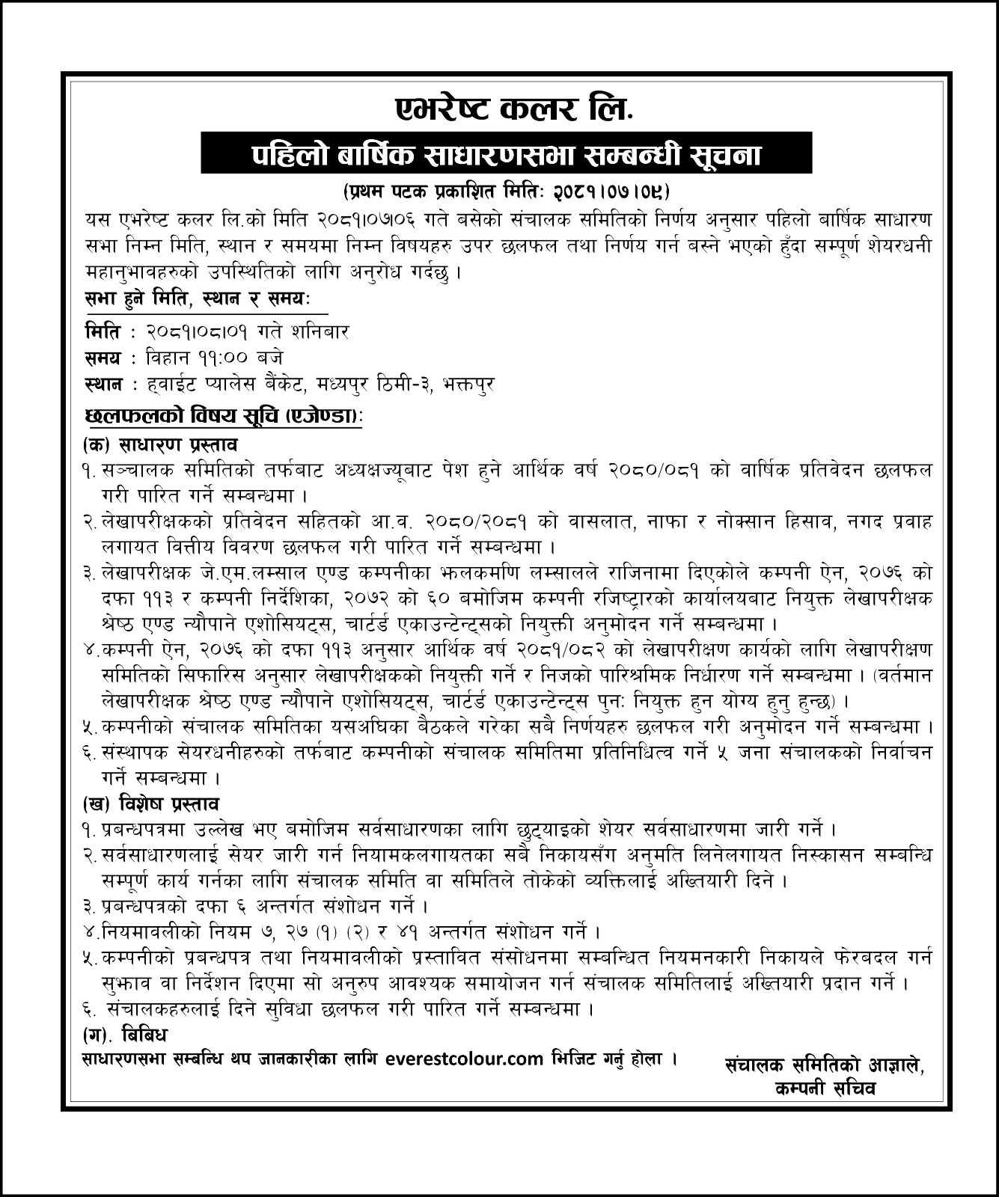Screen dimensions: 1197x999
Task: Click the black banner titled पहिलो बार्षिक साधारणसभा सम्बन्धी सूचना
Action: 506,156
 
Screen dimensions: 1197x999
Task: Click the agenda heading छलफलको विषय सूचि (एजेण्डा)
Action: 223,417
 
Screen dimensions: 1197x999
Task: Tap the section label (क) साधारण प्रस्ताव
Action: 160,444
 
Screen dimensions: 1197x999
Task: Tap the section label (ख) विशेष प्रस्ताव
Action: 151,804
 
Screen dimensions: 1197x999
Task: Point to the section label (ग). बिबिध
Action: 125,1035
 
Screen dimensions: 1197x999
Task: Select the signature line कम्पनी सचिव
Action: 825,1089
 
